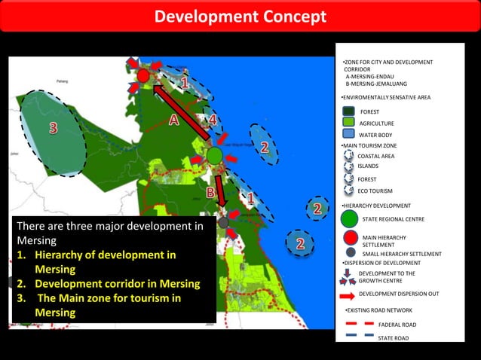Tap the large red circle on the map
(143, 75)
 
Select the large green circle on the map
(214, 156)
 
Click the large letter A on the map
(173, 119)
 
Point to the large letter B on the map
(211, 193)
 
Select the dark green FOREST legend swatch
(348, 111)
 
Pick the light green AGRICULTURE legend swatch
(348, 122)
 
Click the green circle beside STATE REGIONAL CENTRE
(349, 219)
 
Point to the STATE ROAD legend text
(393, 338)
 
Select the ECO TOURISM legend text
(375, 191)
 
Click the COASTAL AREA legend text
(375, 156)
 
